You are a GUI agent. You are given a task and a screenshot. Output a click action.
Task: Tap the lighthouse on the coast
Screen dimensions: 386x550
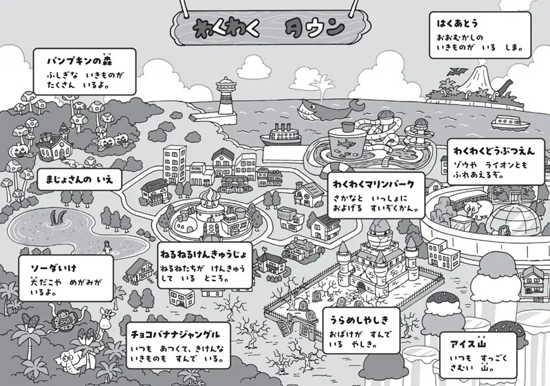click(x=225, y=98)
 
